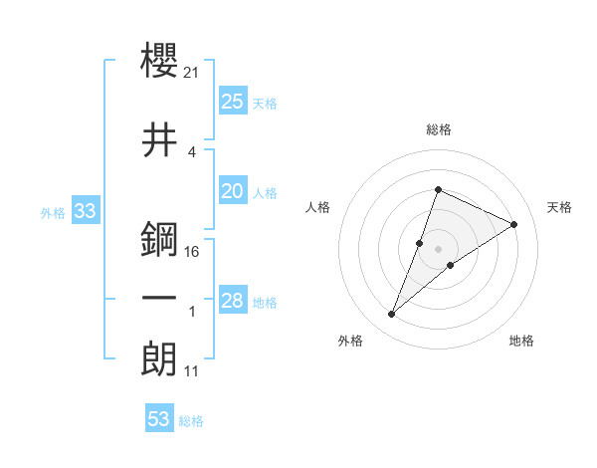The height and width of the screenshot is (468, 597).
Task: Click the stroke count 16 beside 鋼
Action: (193, 252)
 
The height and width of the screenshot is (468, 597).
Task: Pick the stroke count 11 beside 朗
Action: (192, 371)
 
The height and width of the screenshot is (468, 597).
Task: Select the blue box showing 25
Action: (233, 101)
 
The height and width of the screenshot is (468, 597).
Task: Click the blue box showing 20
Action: (233, 191)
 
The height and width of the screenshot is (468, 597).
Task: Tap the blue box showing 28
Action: (233, 301)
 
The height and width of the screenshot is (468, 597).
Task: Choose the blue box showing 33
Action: (85, 210)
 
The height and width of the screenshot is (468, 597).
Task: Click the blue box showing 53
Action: (159, 419)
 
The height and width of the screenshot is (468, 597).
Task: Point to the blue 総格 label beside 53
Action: (191, 421)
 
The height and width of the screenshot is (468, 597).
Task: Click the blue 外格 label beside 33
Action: (53, 212)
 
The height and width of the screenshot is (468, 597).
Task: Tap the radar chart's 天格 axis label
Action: (559, 207)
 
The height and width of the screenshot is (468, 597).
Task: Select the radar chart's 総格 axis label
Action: (438, 130)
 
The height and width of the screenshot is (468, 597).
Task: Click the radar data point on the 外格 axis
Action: (392, 315)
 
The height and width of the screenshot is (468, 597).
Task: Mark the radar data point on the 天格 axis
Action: (514, 225)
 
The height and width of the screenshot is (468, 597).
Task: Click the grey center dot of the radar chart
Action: (438, 249)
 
